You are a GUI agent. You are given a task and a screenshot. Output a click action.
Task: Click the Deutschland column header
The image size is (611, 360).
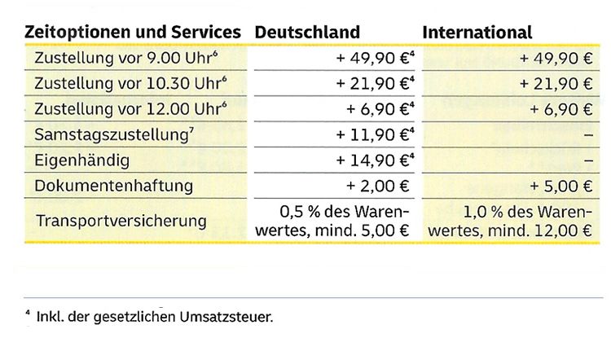coord(307,33)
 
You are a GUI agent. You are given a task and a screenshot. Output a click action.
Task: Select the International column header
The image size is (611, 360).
coord(477,33)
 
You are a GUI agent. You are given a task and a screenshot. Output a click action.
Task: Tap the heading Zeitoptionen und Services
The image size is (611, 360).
coord(134,33)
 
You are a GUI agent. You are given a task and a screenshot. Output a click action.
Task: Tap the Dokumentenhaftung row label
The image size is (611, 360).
coord(114,186)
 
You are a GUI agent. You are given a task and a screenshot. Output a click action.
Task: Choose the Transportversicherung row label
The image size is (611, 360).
coord(121,221)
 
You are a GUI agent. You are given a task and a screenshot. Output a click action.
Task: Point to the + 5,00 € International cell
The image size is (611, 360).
coord(557,186)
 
